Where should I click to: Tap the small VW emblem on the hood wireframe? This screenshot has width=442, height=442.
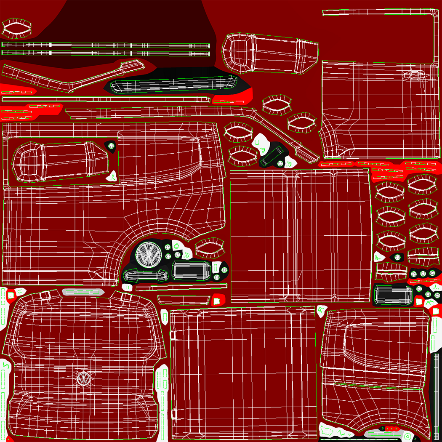tap(84, 379)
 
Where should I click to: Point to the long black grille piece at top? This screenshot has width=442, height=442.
tap(173, 85)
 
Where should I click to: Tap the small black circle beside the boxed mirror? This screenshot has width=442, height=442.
tap(111, 146)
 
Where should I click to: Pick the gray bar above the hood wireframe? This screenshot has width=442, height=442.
tap(83, 292)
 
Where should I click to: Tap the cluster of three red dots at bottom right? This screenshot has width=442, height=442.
tap(393, 429)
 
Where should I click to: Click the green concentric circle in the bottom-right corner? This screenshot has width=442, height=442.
tap(407, 436)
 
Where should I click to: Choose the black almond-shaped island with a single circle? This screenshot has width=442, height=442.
tap(397, 257)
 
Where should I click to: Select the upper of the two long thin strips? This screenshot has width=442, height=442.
tap(105, 45)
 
